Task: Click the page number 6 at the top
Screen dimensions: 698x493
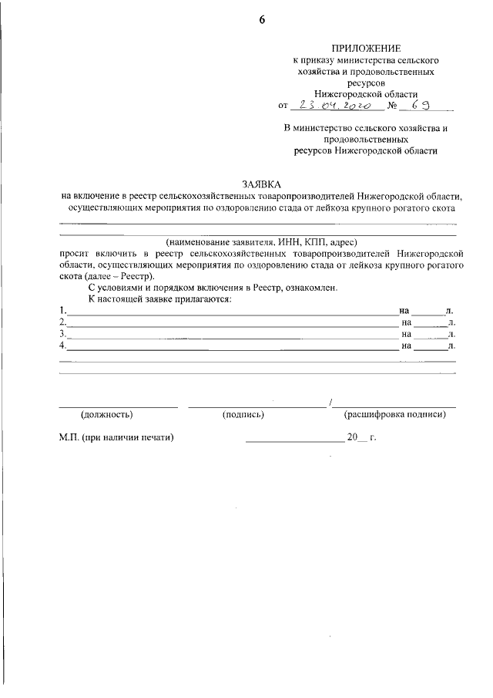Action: [261, 21]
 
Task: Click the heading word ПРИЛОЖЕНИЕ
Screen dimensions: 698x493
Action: [365, 48]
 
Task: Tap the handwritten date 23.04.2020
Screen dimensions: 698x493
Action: [340, 105]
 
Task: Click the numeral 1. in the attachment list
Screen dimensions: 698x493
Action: [62, 310]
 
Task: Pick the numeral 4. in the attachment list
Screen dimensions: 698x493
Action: [62, 346]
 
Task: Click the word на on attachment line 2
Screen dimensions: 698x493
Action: [407, 322]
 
